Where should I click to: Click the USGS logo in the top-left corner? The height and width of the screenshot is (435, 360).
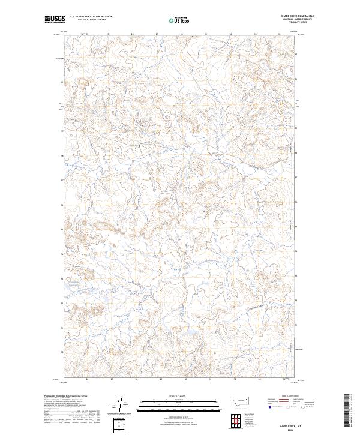[x=53, y=19]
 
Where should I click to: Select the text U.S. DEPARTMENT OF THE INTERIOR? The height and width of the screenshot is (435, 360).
[x=91, y=17]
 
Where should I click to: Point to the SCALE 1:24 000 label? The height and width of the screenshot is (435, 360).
[x=180, y=395]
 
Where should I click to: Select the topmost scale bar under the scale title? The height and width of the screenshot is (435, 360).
[x=180, y=400]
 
